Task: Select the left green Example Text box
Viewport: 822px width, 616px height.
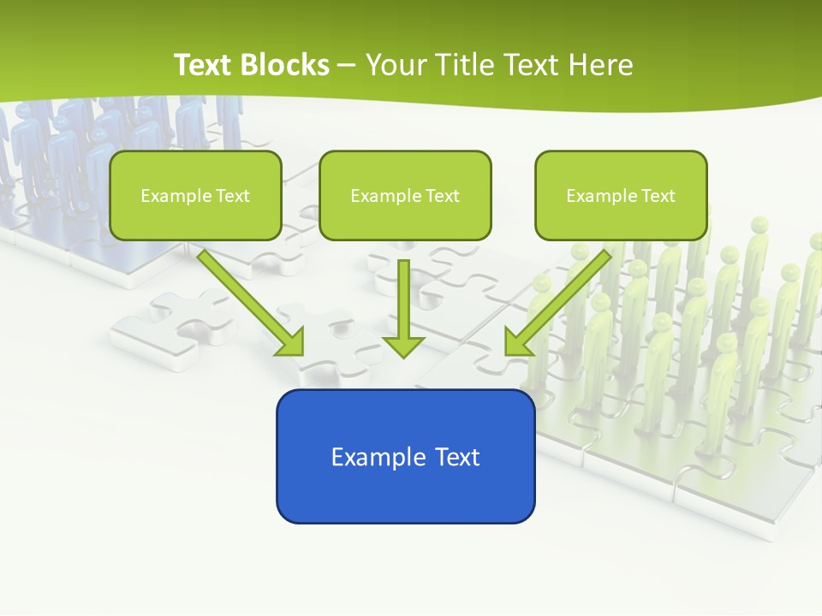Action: (x=195, y=195)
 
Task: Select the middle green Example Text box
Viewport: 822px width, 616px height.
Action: (x=405, y=195)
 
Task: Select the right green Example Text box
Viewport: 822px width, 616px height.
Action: (x=621, y=195)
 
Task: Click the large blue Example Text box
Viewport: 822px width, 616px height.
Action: (x=405, y=456)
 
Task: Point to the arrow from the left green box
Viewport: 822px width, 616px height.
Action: (x=248, y=299)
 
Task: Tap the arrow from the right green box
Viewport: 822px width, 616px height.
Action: (x=561, y=299)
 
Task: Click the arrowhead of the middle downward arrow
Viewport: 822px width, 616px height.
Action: (x=404, y=346)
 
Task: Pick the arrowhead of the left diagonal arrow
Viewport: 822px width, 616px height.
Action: (x=292, y=344)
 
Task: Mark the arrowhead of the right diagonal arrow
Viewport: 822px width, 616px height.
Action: (x=516, y=344)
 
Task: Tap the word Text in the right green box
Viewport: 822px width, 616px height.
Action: (x=658, y=195)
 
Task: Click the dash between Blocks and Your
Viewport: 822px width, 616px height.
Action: (x=347, y=65)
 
